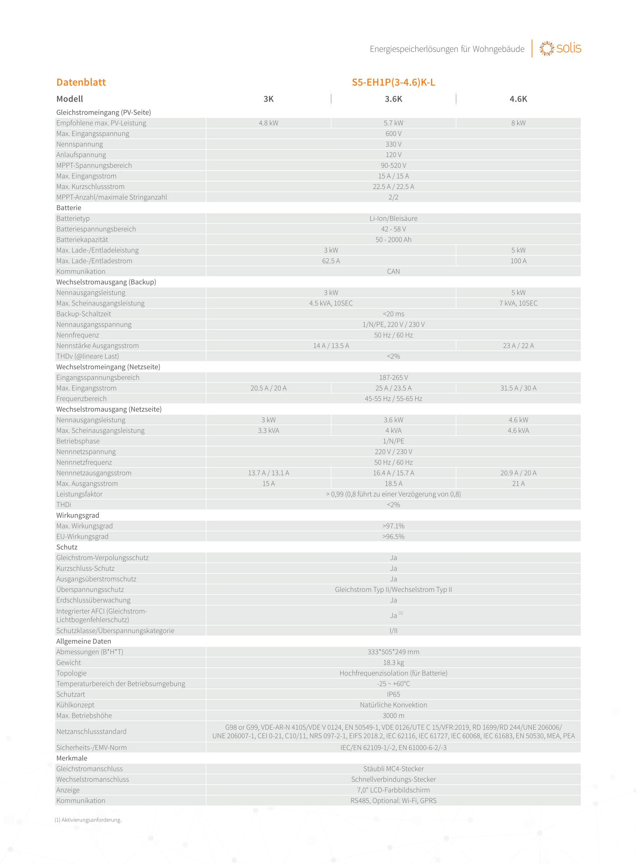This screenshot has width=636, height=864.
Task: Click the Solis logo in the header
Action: (x=560, y=48)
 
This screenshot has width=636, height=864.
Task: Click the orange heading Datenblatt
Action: (x=81, y=82)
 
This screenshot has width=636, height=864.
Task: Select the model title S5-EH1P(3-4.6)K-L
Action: (x=393, y=82)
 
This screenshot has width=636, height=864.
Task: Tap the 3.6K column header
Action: (x=393, y=99)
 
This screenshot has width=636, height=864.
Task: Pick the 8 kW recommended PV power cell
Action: (x=518, y=123)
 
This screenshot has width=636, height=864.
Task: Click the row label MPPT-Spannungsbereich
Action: (x=94, y=165)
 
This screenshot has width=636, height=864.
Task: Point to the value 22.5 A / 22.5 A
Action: (x=393, y=187)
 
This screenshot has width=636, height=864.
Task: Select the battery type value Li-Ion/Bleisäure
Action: (x=393, y=219)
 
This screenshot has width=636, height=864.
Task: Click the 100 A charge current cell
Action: (x=518, y=261)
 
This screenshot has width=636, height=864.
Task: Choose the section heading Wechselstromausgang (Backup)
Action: (x=106, y=282)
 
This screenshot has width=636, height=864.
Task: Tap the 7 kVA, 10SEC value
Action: (x=518, y=303)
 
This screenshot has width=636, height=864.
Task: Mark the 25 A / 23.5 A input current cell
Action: (x=393, y=388)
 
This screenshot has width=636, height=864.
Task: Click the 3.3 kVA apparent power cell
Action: (x=268, y=430)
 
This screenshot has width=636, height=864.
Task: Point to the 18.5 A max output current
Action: (x=393, y=484)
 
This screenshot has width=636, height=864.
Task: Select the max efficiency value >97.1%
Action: (x=393, y=526)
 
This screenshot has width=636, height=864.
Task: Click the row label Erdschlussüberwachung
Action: (x=93, y=600)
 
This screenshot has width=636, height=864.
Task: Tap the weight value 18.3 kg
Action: (x=393, y=662)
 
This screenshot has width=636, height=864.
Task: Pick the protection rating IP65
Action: (x=393, y=694)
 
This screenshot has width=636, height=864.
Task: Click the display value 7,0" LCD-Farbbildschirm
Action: (x=393, y=790)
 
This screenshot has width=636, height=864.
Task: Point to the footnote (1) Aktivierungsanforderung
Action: (x=88, y=820)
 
